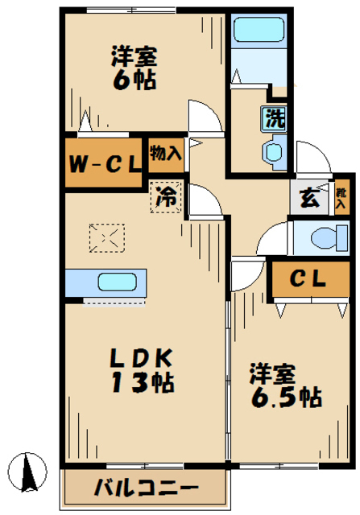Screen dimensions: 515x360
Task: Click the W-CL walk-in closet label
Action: coord(104,165)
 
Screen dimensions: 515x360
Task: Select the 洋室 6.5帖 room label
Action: coord(285,385)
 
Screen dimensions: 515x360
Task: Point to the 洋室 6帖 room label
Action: coord(134,69)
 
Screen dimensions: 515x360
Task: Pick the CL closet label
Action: coord(308,279)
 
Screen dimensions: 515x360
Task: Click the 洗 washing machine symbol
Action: coord(275,118)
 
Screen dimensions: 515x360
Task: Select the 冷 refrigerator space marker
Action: coord(167,197)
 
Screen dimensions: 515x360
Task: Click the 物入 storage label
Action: coord(166,152)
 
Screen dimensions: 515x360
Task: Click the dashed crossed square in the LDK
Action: coord(107,237)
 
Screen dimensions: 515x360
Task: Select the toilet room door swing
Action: coord(273,238)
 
